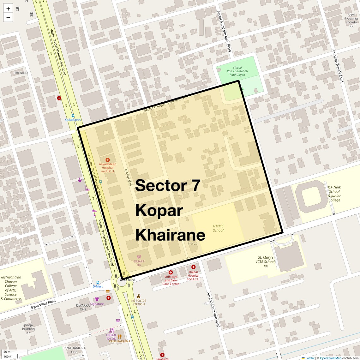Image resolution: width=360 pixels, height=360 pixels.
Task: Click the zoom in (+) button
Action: coord(8,9)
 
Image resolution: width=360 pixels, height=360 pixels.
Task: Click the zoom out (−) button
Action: coord(8,18)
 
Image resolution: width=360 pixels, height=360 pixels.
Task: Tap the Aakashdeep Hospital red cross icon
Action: coord(108,160)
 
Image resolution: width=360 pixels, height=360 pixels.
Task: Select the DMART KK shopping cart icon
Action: coord(139,257)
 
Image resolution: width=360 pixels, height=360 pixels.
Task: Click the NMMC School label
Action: coord(218,228)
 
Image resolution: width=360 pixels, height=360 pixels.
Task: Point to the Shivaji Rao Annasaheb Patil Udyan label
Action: coord(237,71)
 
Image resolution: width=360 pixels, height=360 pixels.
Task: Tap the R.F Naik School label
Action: coord(334,193)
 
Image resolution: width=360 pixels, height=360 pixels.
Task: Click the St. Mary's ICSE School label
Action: coord(266,261)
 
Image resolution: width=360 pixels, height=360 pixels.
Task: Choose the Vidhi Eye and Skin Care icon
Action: coord(171,272)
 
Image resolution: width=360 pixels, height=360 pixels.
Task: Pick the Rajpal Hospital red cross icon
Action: coord(193,267)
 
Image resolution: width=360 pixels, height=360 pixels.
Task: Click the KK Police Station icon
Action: coord(138,296)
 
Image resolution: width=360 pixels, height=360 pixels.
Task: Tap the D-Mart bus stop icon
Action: coord(98,283)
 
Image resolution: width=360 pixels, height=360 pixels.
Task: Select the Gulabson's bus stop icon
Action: coord(73,116)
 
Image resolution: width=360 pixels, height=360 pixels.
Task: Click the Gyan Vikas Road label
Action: coord(43,304)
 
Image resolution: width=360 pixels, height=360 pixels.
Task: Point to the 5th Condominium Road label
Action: coord(213,309)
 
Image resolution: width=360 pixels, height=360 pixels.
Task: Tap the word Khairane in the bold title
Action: coord(170,235)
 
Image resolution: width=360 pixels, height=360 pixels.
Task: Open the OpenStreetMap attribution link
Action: coord(330,358)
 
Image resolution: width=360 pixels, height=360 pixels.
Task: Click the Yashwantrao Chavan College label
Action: coord(11,288)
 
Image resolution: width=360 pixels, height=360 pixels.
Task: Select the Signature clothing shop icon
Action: coord(97,299)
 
